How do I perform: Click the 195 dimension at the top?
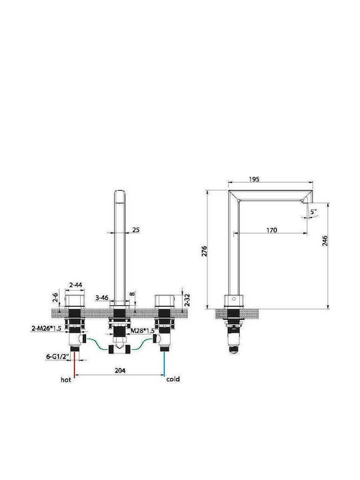point(254,179)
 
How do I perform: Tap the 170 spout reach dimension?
point(271,230)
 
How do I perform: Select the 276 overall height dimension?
point(205,251)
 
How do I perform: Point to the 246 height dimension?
point(325,240)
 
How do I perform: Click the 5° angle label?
point(313,211)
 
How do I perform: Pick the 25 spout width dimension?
point(135,229)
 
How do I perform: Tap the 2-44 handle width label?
point(75,285)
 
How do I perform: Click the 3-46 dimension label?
point(101,297)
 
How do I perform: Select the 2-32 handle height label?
point(187,300)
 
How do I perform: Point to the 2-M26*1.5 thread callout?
point(46,329)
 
